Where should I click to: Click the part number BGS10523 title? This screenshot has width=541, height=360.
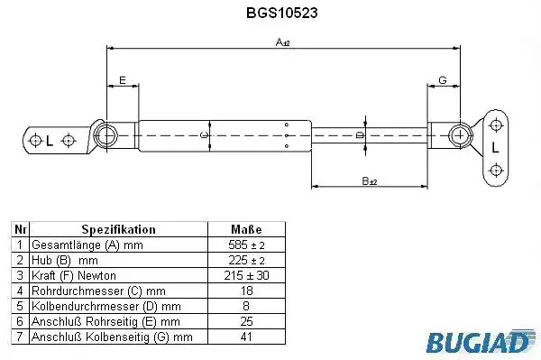(282, 13)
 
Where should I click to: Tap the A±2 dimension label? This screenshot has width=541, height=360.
(282, 42)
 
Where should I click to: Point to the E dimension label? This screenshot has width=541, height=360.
(122, 80)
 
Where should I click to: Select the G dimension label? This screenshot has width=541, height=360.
(443, 80)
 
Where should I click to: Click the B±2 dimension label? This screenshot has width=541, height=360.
(370, 180)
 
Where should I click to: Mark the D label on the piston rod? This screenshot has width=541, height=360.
(360, 134)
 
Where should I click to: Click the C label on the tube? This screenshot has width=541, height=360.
(205, 135)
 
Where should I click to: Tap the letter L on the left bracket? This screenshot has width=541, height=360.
(50, 141)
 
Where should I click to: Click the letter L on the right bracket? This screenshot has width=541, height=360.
(495, 148)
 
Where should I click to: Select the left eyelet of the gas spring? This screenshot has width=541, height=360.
(105, 135)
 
